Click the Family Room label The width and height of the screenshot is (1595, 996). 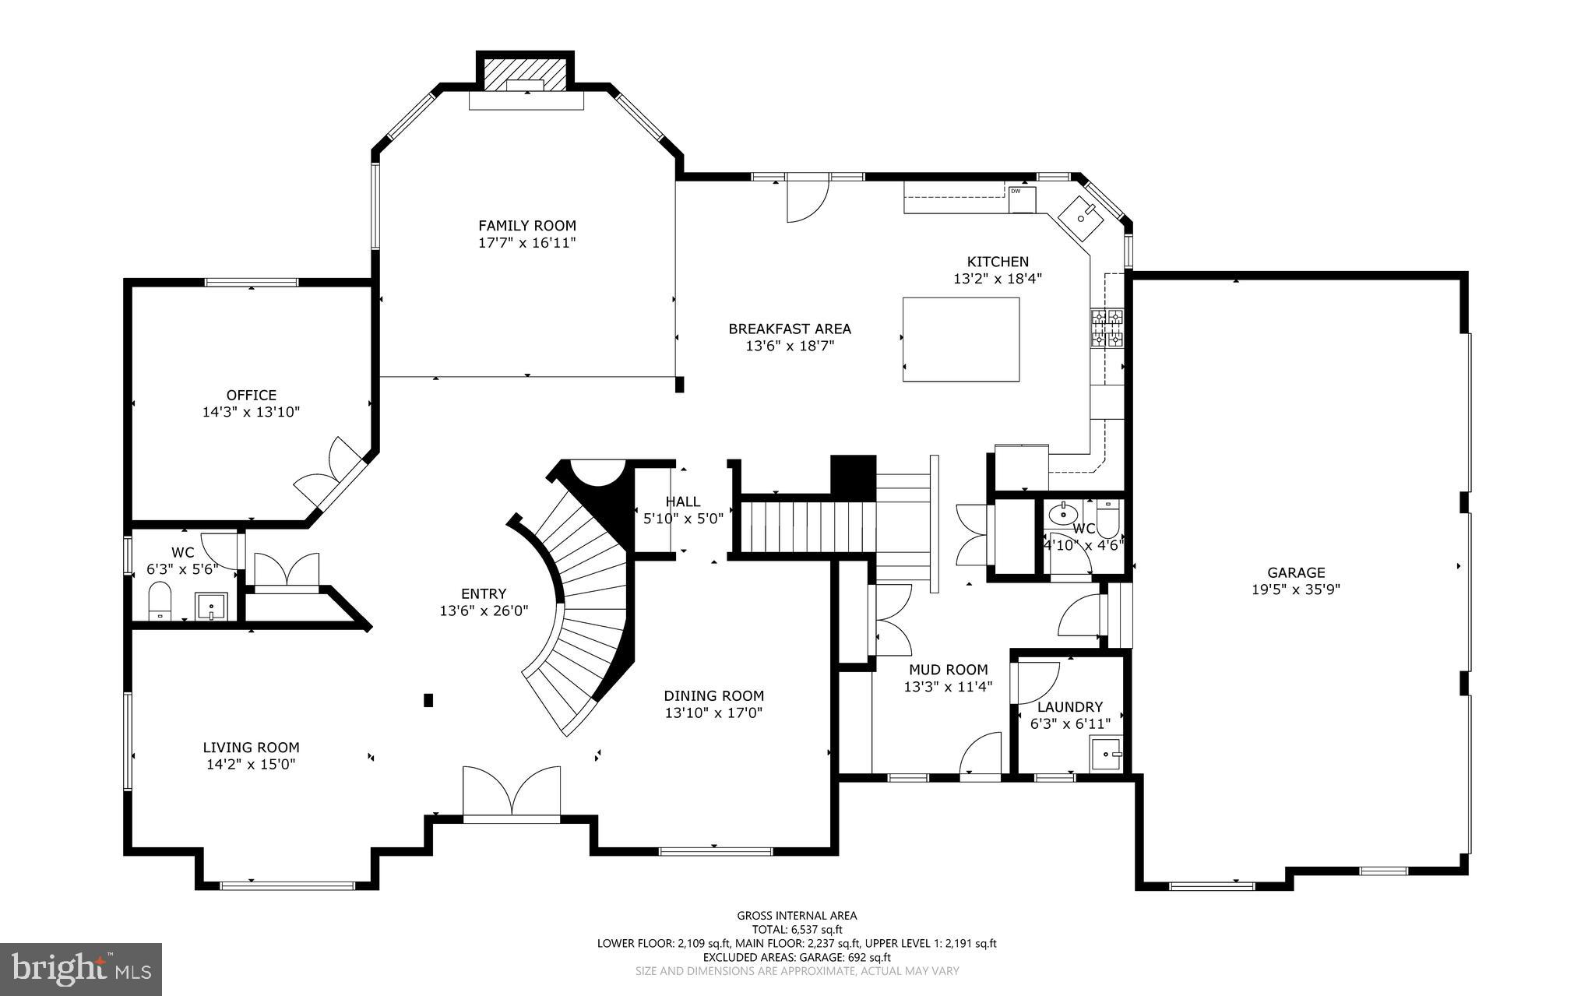pos(527,226)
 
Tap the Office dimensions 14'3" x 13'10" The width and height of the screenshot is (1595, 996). pos(251,412)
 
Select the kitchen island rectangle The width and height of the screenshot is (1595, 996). pos(960,340)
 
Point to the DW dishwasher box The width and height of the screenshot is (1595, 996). pos(1023,199)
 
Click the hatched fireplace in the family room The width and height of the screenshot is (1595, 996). pos(525,75)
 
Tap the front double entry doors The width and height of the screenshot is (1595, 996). pos(512,793)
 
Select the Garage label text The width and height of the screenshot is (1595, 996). pos(1296,573)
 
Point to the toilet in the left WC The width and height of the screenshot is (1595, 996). pos(160,601)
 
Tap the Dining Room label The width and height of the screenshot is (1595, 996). pos(713,696)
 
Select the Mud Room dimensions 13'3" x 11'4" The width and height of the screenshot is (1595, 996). pos(948,687)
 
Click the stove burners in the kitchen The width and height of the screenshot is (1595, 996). pos(1107,328)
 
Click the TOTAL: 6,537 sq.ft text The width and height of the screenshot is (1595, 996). pos(797,929)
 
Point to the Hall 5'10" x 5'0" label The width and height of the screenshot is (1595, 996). pos(683,509)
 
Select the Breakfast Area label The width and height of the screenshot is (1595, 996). pos(790,329)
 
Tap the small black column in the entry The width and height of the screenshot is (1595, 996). pos(428,699)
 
